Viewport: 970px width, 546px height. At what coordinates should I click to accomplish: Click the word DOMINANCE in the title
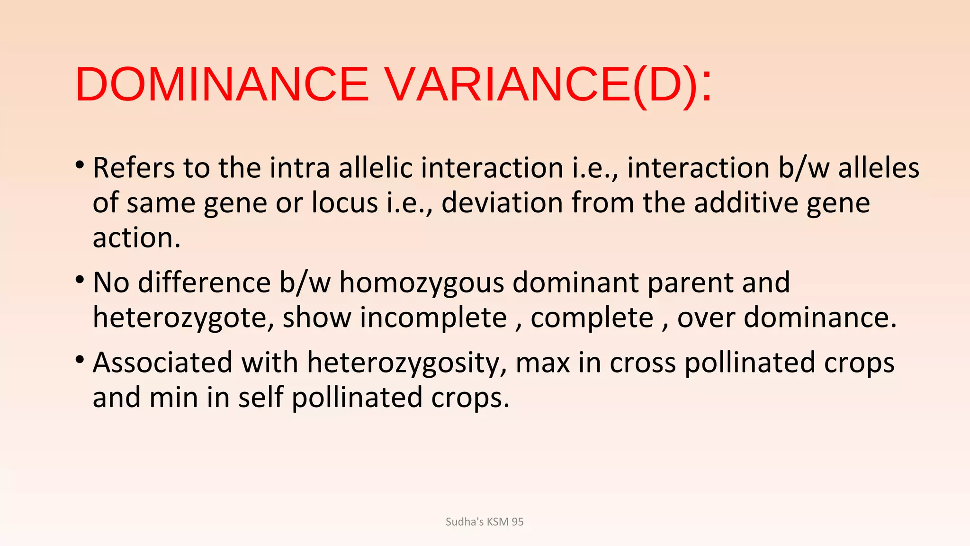tap(222, 84)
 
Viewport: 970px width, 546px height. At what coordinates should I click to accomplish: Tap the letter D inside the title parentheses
tap(665, 84)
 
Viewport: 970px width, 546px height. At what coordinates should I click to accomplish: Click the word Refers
tap(134, 168)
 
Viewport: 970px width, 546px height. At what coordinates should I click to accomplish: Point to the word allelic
tap(375, 168)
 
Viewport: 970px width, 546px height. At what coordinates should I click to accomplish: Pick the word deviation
tap(502, 203)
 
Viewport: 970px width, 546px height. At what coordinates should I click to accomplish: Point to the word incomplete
tap(433, 318)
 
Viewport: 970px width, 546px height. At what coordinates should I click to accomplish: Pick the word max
tap(542, 363)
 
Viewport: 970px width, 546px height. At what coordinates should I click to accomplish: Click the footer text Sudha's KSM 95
tap(485, 522)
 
